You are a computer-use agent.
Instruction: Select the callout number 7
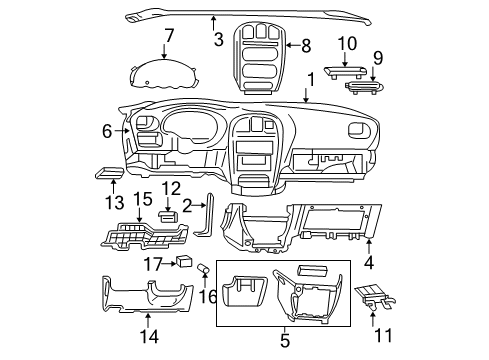169,37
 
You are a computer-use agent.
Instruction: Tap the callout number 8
306,45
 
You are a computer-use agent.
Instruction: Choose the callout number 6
106,129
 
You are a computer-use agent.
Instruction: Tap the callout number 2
187,205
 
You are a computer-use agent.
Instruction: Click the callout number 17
153,264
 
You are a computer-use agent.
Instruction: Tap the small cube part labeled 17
185,264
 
